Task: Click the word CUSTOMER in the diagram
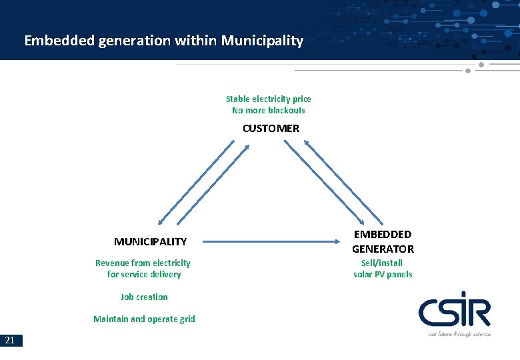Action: [271, 128]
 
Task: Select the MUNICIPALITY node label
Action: [150, 241]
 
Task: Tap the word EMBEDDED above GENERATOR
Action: [383, 234]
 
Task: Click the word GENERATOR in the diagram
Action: [383, 249]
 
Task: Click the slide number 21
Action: [10, 341]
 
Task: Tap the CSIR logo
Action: [454, 313]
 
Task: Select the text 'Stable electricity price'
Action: [268, 99]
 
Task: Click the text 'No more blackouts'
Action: [268, 110]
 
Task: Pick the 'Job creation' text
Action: [144, 297]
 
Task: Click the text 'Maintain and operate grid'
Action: [144, 319]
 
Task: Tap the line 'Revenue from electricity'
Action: [143, 263]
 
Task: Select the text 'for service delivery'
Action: [143, 274]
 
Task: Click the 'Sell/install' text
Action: [383, 263]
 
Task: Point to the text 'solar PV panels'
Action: [383, 274]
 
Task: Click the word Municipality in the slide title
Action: [262, 41]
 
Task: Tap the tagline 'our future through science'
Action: [459, 333]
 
